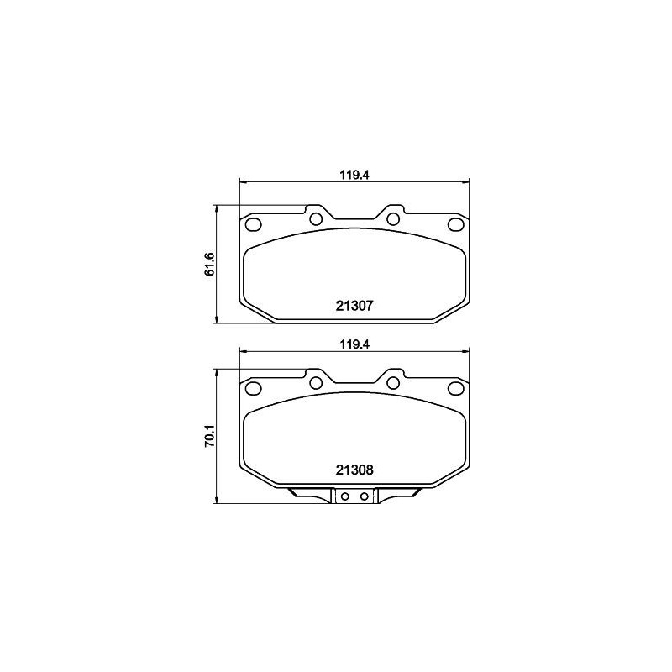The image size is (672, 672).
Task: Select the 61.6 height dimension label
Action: coord(210,263)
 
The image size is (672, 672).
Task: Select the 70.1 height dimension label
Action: coord(210,437)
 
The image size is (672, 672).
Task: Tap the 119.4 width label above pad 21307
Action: coord(354,175)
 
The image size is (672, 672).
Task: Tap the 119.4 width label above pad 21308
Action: coord(354,344)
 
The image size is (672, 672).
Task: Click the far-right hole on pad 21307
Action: coord(455,224)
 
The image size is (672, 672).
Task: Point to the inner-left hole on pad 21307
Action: coord(316,219)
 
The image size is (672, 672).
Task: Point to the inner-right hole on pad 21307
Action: coord(392,219)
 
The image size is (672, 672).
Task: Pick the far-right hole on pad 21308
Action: coord(455,388)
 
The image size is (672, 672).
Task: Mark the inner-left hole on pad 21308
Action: coord(316,383)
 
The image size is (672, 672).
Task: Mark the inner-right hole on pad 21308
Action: coord(392,383)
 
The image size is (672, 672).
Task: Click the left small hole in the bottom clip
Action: coord(344,496)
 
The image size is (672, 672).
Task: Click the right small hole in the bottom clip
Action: coord(364,496)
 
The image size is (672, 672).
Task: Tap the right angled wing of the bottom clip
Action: coord(402,495)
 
